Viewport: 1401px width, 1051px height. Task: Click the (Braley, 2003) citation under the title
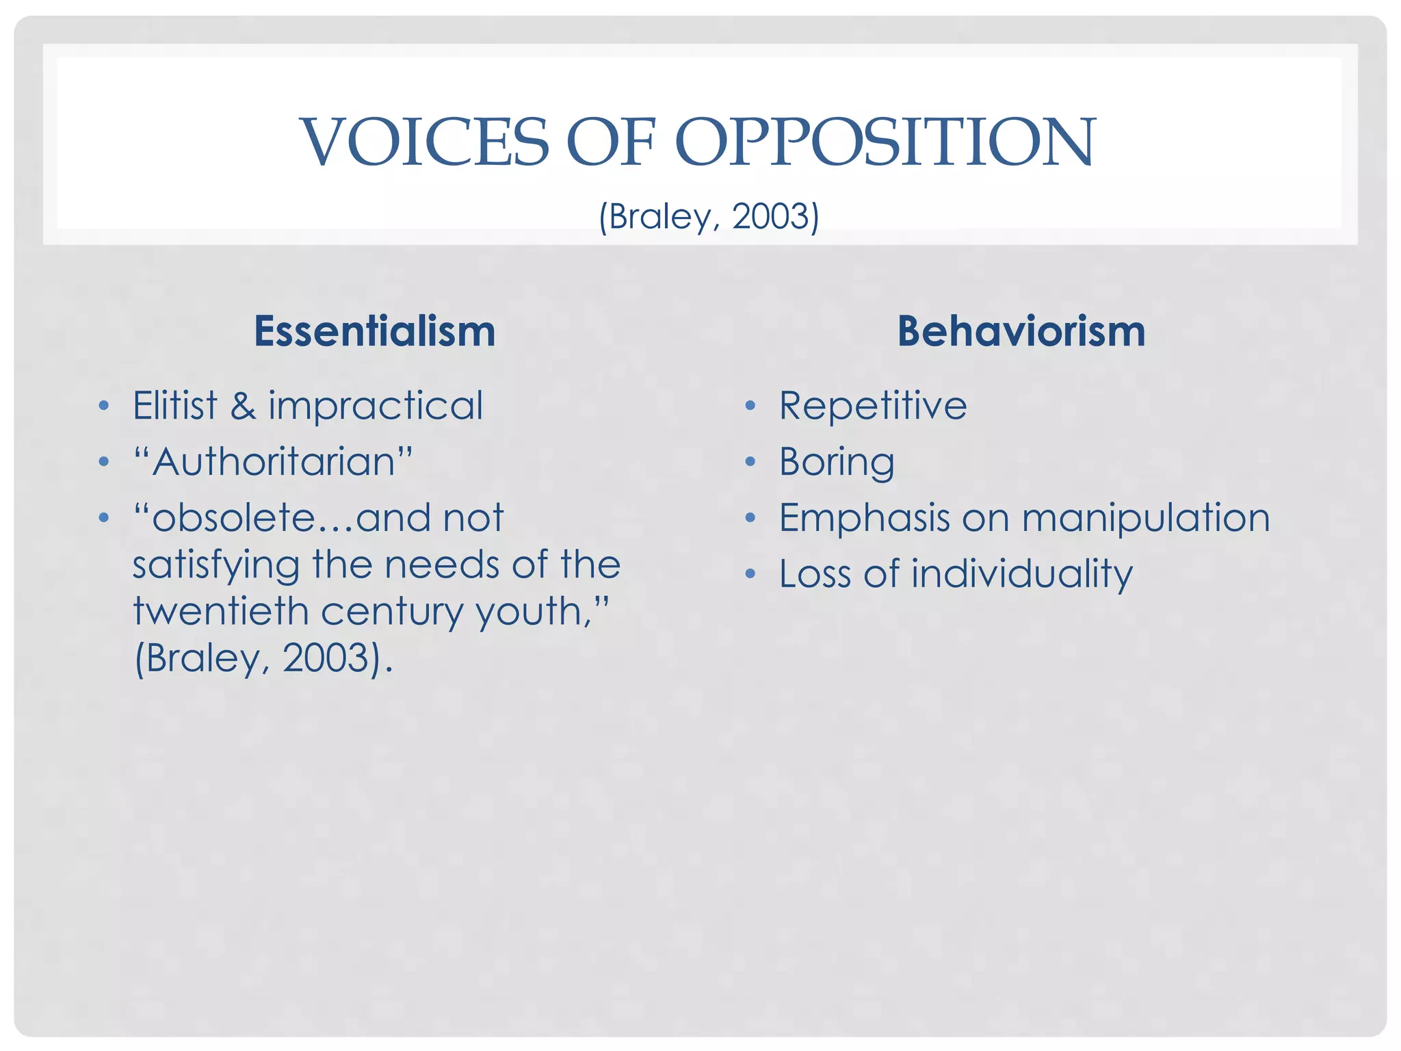click(x=709, y=217)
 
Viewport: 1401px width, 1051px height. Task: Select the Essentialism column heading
click(x=374, y=331)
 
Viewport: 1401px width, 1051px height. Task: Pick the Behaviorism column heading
click(x=1021, y=331)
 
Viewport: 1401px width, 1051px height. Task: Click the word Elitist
click(x=174, y=405)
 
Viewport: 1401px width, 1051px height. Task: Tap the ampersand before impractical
click(x=243, y=405)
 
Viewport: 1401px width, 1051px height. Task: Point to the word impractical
click(x=376, y=406)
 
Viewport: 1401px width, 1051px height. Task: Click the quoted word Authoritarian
click(x=274, y=462)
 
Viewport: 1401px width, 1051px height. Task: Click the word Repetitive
click(x=873, y=405)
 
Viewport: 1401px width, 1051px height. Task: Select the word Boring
click(x=837, y=463)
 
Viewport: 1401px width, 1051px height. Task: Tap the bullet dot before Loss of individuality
click(x=750, y=573)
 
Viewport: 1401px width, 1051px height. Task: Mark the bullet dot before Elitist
click(x=103, y=406)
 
